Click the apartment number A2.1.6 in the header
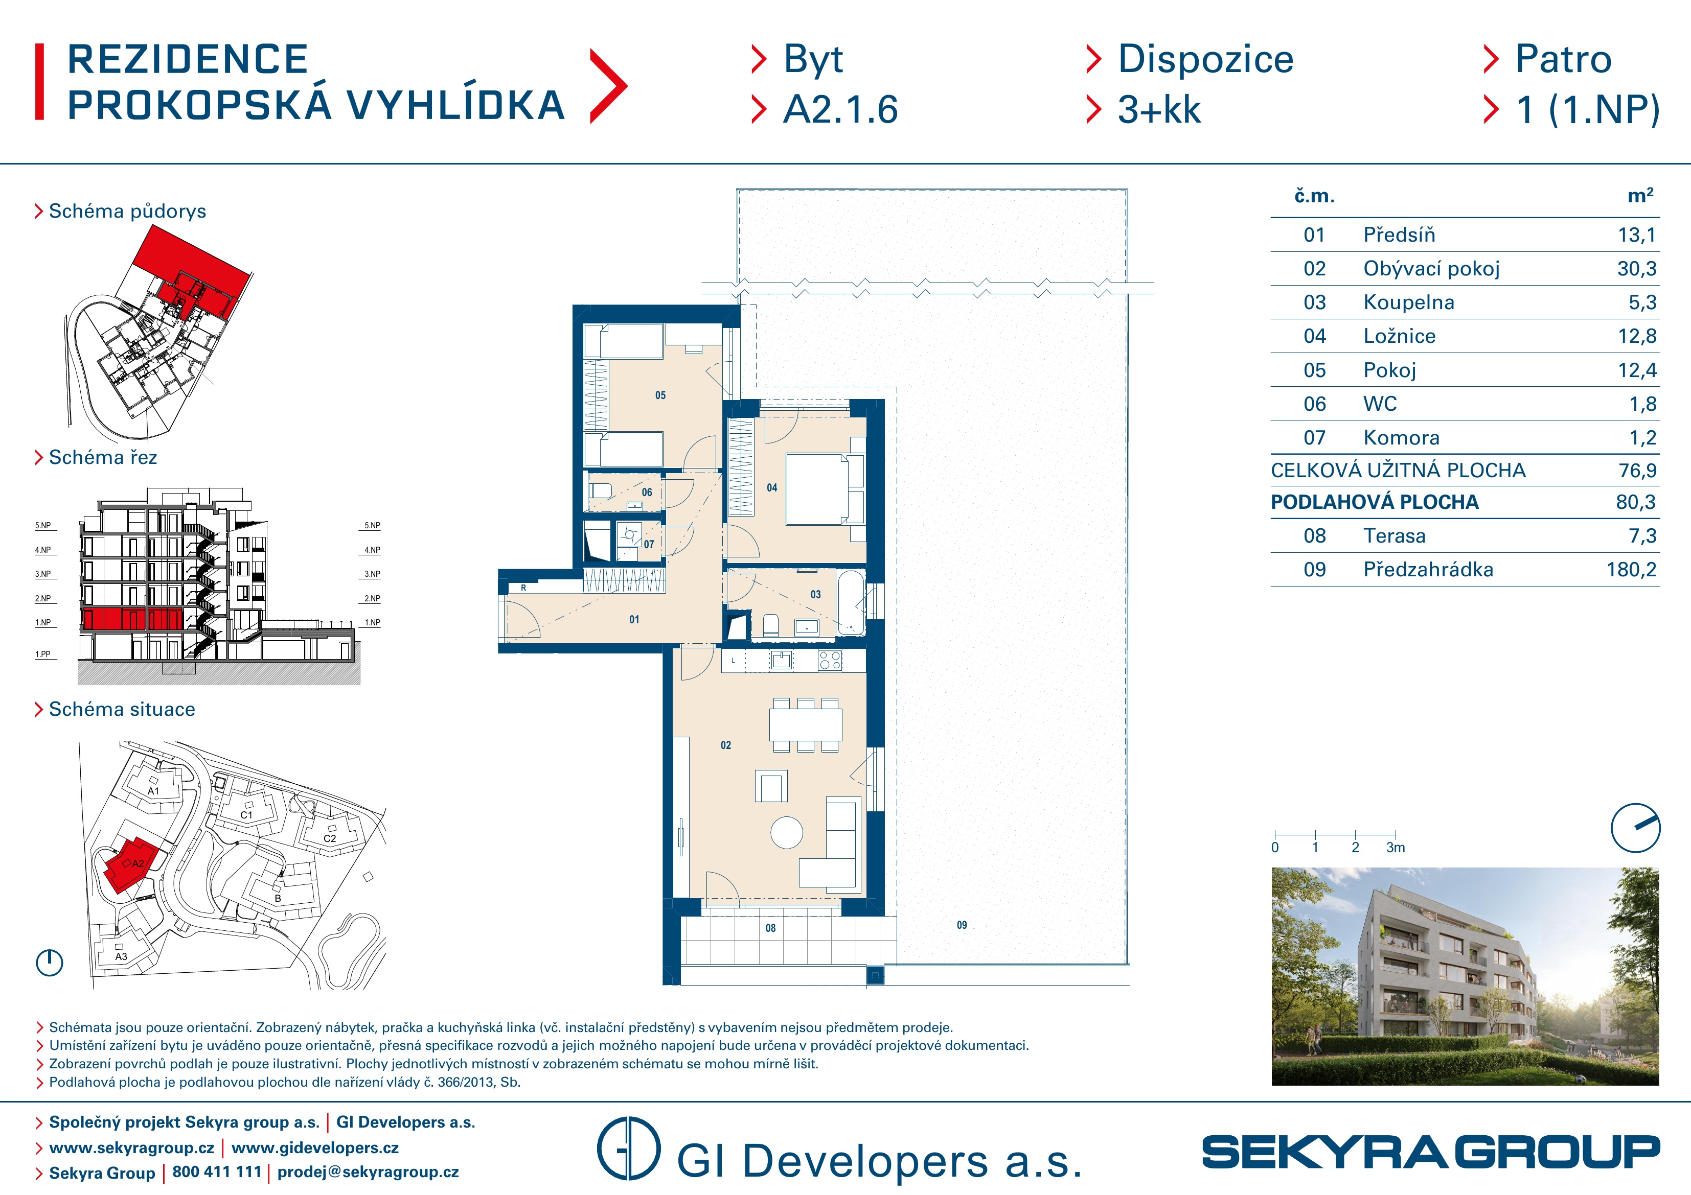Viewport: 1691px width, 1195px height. (x=840, y=110)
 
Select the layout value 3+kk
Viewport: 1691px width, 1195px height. (x=1159, y=110)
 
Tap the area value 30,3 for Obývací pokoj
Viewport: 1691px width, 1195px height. (x=1636, y=269)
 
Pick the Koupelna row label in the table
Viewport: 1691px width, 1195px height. (x=1408, y=302)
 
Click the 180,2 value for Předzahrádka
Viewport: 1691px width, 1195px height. (x=1631, y=570)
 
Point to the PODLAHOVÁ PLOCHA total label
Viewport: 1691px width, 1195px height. (x=1374, y=502)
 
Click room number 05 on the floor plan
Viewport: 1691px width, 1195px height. (x=660, y=395)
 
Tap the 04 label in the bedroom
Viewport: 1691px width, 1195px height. (x=772, y=487)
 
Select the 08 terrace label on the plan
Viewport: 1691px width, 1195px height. (x=770, y=928)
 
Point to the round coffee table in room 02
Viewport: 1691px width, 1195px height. (x=787, y=833)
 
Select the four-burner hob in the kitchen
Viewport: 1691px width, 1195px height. (x=830, y=661)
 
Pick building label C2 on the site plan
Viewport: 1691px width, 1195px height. (x=330, y=838)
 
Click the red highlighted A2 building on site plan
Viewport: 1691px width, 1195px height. (x=130, y=865)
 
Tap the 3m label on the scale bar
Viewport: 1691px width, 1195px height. (x=1396, y=848)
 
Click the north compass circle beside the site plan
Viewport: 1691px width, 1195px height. (x=50, y=963)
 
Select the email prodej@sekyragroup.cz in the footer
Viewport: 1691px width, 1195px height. (x=368, y=1171)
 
